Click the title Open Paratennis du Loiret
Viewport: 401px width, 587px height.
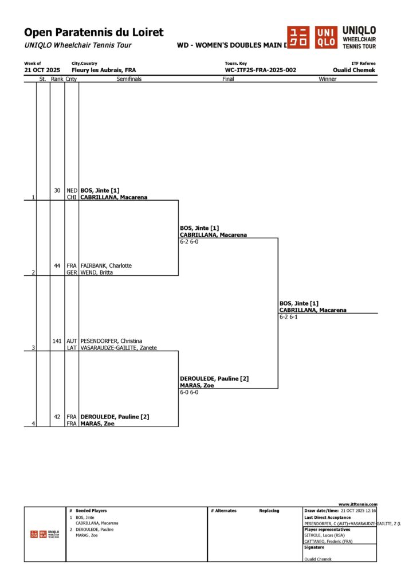tap(94, 33)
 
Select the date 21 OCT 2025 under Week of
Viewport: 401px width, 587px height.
tap(42, 70)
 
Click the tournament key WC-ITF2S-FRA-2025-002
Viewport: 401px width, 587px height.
tap(261, 70)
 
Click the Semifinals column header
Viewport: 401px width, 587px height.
tap(129, 79)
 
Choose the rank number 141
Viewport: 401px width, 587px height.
tap(57, 341)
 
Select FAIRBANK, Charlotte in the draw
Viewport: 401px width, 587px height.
tap(106, 266)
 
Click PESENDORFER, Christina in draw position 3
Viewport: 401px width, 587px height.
tap(110, 341)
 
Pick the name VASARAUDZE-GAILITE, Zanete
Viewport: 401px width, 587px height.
tap(119, 348)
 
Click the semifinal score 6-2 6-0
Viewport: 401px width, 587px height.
tap(190, 242)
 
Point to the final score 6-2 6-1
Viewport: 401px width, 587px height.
tap(289, 317)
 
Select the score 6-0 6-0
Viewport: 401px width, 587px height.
tap(190, 393)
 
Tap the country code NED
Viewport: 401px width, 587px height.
tap(72, 190)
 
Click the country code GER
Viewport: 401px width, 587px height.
tap(72, 273)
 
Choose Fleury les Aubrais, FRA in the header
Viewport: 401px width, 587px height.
tap(104, 70)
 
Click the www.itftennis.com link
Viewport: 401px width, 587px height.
tap(358, 504)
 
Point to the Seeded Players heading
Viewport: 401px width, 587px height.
tap(91, 510)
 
